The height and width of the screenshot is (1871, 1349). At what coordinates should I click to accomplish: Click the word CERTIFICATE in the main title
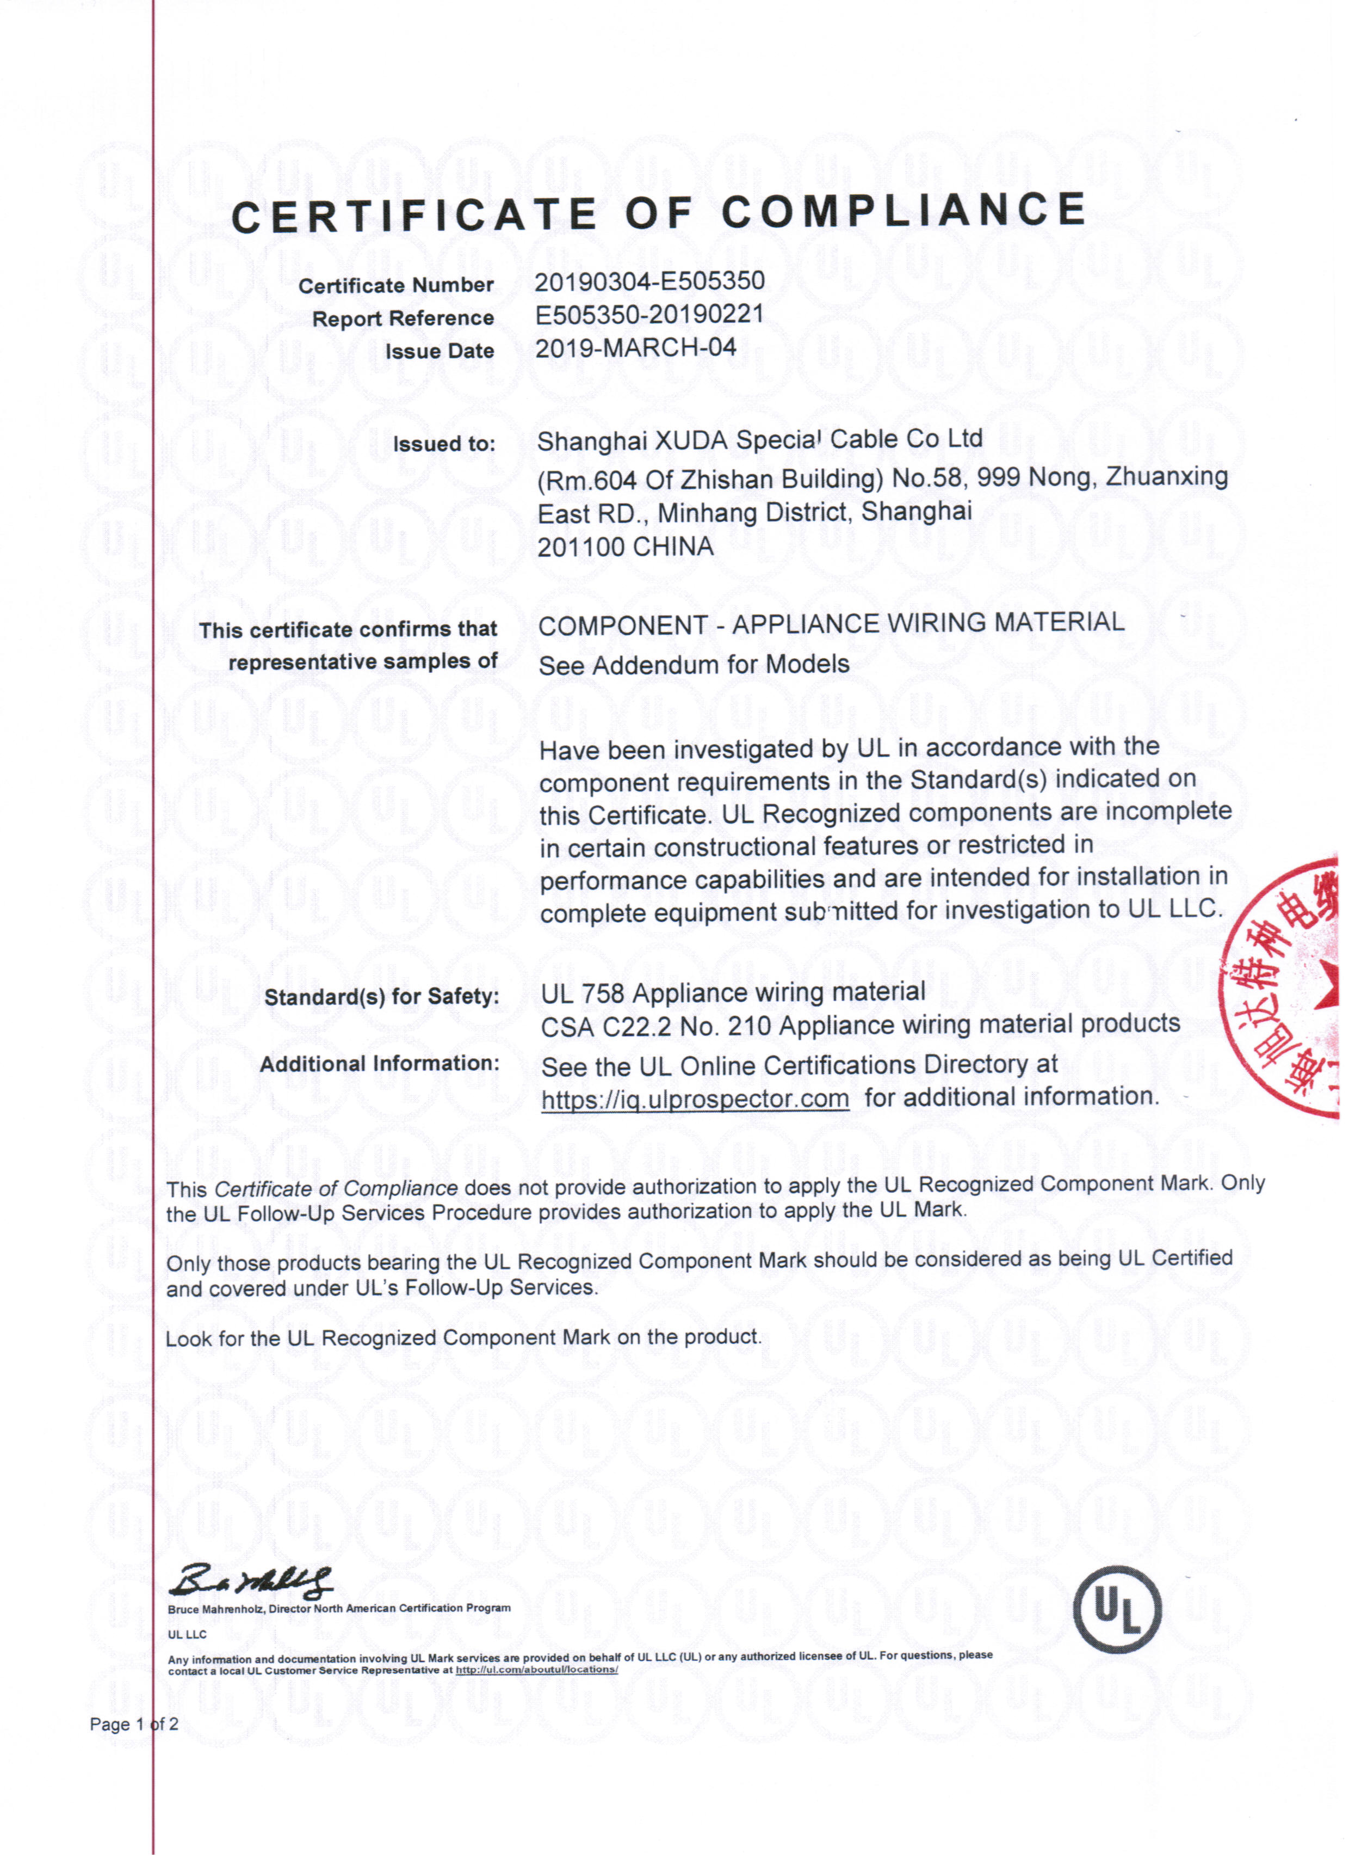pyautogui.click(x=413, y=216)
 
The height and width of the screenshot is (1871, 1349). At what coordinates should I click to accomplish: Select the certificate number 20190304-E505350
pyautogui.click(x=650, y=282)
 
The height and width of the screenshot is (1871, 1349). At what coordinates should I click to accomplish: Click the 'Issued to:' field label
pyautogui.click(x=444, y=444)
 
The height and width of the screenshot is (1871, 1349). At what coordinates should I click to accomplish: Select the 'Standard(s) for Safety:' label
pyautogui.click(x=382, y=997)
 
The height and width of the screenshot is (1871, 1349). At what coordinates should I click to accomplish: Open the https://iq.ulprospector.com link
pyautogui.click(x=695, y=1100)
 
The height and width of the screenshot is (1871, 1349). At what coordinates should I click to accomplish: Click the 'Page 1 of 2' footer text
pyautogui.click(x=134, y=1724)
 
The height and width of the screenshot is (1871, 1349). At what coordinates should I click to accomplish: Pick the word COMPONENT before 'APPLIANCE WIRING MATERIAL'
pyautogui.click(x=622, y=626)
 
